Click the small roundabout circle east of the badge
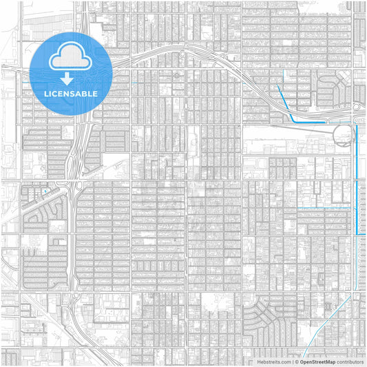176,75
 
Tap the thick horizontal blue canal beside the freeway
310,121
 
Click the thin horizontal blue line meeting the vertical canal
327,207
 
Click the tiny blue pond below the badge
45,192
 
